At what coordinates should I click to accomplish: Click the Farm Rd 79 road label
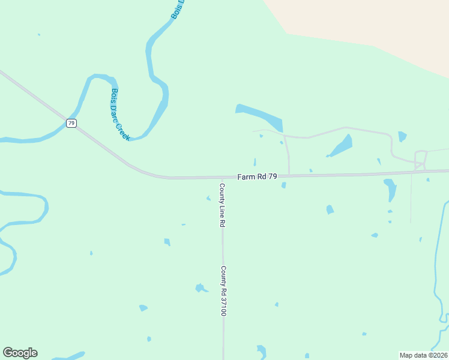tap(257, 176)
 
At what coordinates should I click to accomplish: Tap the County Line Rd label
tap(221, 205)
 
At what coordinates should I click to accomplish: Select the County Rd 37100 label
tap(223, 291)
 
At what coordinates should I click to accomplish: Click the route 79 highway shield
tap(71, 123)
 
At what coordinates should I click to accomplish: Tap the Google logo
tap(20, 353)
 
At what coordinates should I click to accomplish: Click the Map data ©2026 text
tap(423, 355)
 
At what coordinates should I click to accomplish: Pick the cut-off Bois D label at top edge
tap(177, 9)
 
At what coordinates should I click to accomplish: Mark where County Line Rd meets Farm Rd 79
tap(222, 178)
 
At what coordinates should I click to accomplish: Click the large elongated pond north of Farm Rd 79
tap(259, 117)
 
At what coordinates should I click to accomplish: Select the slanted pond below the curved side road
tap(341, 146)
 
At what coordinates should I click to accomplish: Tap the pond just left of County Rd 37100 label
tap(200, 288)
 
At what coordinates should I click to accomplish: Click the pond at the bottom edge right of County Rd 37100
tap(261, 351)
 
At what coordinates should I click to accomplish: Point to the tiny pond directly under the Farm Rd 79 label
tap(283, 185)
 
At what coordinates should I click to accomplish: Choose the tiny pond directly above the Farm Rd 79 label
tap(255, 162)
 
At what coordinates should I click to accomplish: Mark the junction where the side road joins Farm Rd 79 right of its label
tap(289, 176)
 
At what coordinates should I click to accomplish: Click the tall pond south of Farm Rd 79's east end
tap(391, 189)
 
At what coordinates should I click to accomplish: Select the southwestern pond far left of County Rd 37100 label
tap(143, 308)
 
